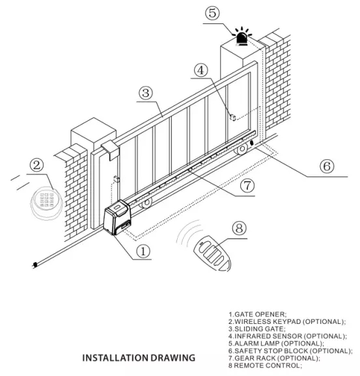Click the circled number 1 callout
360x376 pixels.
click(143, 251)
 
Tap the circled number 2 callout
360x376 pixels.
click(36, 165)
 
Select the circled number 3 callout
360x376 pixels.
click(146, 93)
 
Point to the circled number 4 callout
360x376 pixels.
click(201, 70)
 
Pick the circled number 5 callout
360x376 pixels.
click(212, 13)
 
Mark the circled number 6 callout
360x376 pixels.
click(327, 166)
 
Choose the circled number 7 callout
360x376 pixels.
click(247, 185)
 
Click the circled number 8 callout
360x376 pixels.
click(240, 228)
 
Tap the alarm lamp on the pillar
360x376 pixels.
click(242, 36)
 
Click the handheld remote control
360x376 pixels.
click(212, 254)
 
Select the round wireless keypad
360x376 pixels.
click(47, 203)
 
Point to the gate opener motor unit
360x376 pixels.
click(117, 217)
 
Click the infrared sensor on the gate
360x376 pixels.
click(232, 118)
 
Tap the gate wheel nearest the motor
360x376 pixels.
click(146, 203)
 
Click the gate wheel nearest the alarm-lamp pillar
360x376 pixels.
click(242, 149)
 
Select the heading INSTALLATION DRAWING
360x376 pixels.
click(139, 358)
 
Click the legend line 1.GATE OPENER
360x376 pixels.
click(258, 314)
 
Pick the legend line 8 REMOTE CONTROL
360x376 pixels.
click(265, 366)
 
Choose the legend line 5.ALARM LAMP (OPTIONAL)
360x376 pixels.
click(276, 343)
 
